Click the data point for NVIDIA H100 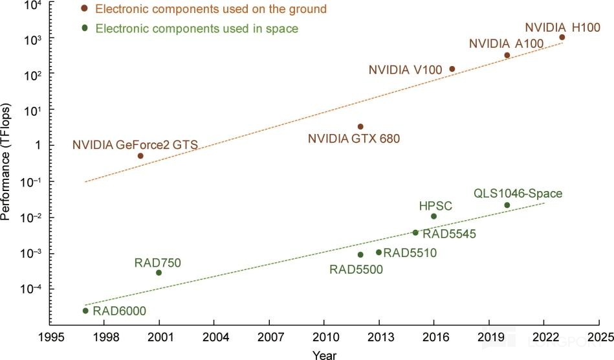(x=562, y=38)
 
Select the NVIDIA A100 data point (x=507, y=56)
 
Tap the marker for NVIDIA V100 (x=452, y=69)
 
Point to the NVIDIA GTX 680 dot (x=360, y=127)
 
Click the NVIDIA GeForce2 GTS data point (x=140, y=156)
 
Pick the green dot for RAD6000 (x=85, y=311)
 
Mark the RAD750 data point (x=159, y=273)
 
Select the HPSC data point (x=433, y=216)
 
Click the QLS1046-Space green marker (x=507, y=205)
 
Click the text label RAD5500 (x=356, y=269)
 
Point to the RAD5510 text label (x=410, y=253)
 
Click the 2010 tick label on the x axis (x=323, y=337)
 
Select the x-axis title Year (x=323, y=354)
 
